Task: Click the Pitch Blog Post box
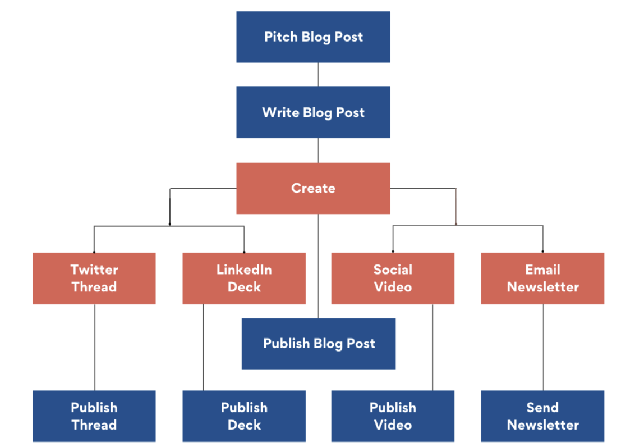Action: (x=313, y=37)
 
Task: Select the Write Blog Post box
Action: (x=313, y=112)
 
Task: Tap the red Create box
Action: (x=313, y=188)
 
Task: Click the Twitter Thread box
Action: (x=94, y=279)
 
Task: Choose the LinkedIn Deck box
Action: (x=244, y=279)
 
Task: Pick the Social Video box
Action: (x=393, y=279)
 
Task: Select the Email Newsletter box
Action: (x=542, y=279)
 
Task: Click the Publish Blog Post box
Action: (x=319, y=344)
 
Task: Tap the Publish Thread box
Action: (x=94, y=416)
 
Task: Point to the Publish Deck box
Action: (x=244, y=416)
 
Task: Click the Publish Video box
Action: (x=393, y=416)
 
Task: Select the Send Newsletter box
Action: (x=542, y=416)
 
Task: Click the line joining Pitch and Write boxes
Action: (x=319, y=75)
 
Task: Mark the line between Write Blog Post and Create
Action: (x=319, y=150)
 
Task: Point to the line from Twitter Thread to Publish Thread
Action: (x=94, y=347)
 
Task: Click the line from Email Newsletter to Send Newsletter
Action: (x=543, y=347)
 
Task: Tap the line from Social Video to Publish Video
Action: (x=432, y=347)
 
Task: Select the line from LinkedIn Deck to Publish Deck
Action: (x=203, y=347)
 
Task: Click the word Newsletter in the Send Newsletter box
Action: (x=542, y=425)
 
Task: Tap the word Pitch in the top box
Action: (x=281, y=37)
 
